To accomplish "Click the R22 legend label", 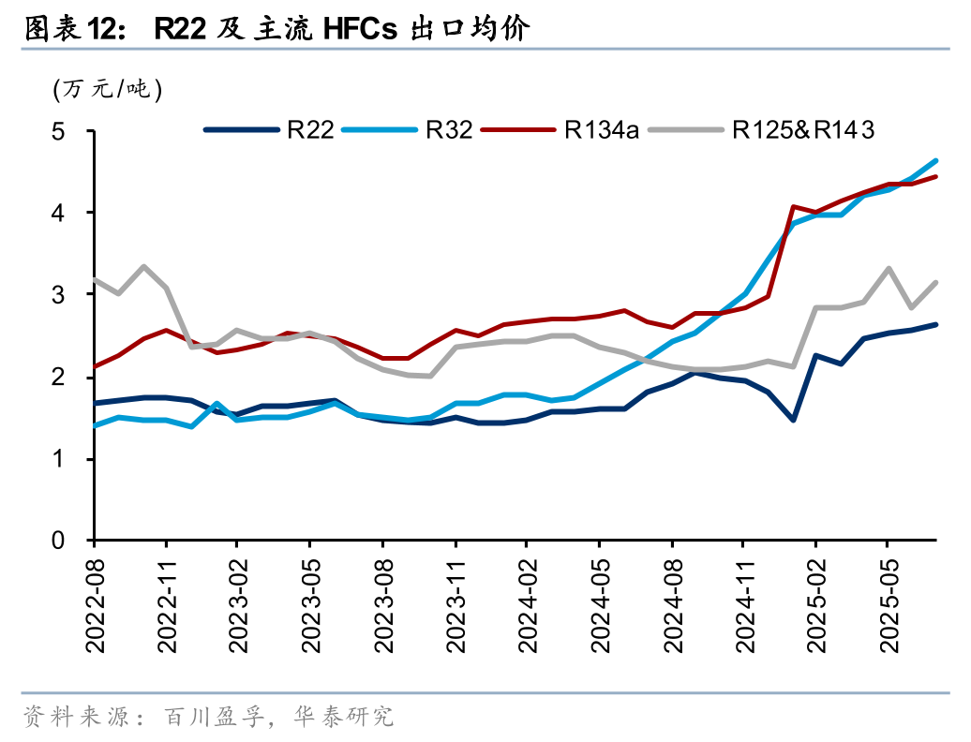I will [312, 130].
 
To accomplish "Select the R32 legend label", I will [449, 130].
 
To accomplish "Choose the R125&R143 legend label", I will [803, 130].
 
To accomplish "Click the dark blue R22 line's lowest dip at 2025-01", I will [793, 420].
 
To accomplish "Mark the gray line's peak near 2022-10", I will [143, 266].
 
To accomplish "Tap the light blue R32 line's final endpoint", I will [935, 160].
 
